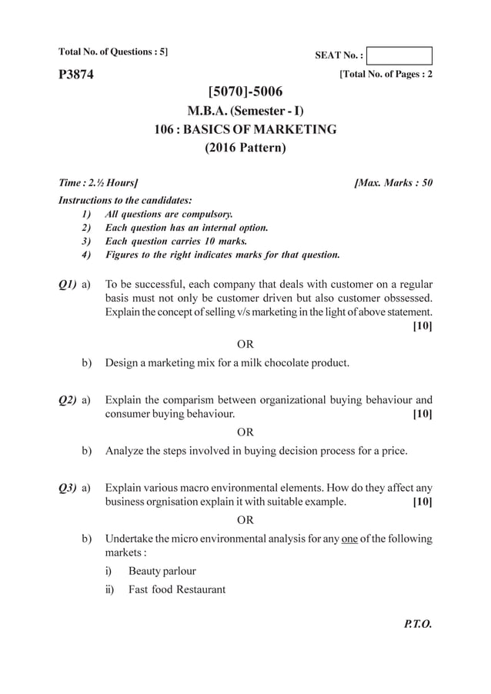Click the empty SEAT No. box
[399, 55]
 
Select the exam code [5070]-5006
[245, 94]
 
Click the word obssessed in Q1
[401, 297]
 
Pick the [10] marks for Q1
[423, 326]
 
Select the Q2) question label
[67, 400]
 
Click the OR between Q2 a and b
[245, 432]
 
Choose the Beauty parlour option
[162, 571]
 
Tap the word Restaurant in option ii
[198, 590]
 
